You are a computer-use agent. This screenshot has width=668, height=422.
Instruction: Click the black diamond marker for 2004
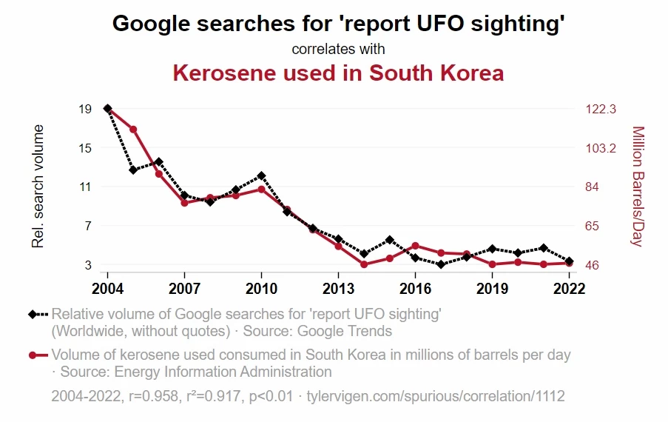click(x=107, y=109)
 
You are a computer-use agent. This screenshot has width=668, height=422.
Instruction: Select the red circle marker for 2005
click(x=133, y=130)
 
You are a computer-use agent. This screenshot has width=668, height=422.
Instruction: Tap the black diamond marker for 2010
click(x=261, y=175)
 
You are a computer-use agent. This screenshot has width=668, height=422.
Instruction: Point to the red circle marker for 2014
click(x=364, y=264)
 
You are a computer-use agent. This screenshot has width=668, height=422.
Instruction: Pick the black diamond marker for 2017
click(x=441, y=264)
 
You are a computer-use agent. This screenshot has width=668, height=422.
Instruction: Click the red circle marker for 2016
click(x=415, y=246)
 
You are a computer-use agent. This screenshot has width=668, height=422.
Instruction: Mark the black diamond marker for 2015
click(x=390, y=240)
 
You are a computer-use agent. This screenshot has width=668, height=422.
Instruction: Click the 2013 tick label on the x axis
click(x=338, y=287)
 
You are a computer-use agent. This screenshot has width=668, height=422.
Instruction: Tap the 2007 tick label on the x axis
click(x=184, y=287)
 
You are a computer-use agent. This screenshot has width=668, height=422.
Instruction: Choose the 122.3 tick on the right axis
click(x=601, y=109)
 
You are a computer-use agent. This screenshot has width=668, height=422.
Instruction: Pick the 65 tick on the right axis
click(x=593, y=226)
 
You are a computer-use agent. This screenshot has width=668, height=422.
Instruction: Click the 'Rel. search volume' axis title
click(x=38, y=187)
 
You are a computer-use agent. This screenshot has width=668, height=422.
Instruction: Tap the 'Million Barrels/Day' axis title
click(x=638, y=187)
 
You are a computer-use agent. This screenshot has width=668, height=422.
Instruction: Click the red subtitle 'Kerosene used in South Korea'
click(x=338, y=73)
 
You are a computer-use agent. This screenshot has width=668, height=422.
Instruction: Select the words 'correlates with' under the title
click(x=338, y=50)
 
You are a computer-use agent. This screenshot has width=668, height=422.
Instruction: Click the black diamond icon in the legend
click(x=33, y=314)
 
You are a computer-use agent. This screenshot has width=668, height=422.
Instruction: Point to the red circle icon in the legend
click(x=33, y=355)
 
